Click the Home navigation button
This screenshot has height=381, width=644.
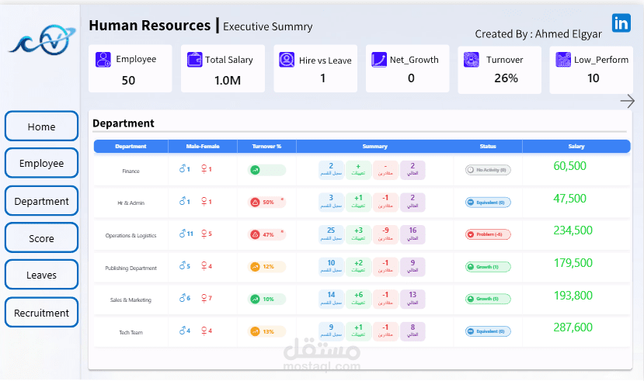coord(42,126)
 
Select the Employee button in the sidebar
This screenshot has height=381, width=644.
coord(42,164)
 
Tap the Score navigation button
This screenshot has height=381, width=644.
coord(42,238)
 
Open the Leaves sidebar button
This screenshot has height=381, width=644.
coord(42,275)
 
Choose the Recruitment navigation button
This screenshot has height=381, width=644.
coord(42,313)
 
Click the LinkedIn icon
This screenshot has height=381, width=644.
coord(621,23)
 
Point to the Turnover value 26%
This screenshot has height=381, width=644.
coord(506,78)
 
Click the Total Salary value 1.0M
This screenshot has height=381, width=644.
coord(227,79)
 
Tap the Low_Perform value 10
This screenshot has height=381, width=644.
coord(594,78)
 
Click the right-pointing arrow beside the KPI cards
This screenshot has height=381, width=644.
coord(628,101)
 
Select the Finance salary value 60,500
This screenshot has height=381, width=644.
coord(569,166)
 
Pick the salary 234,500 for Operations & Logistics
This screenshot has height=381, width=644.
coord(573,230)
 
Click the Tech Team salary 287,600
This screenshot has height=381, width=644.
coord(573,327)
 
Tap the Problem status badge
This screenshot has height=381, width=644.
coord(488,234)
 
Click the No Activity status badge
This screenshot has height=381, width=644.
coord(488,170)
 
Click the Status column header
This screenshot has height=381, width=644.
coord(488,146)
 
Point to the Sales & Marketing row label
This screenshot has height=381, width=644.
coord(131,300)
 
